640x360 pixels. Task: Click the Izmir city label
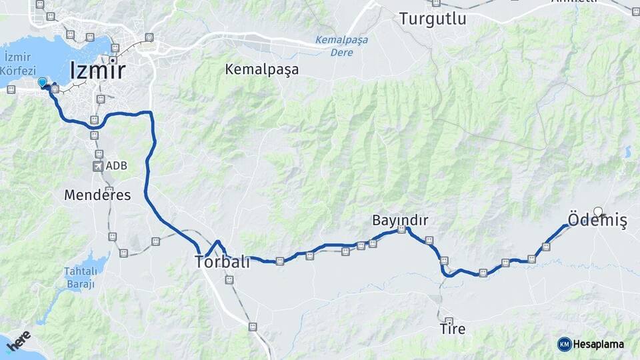click(x=97, y=70)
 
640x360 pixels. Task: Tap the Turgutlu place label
click(x=433, y=19)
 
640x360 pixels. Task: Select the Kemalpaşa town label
click(x=261, y=69)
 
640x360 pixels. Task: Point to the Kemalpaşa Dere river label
click(x=342, y=45)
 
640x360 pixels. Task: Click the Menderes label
click(x=97, y=195)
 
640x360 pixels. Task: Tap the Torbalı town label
click(x=222, y=262)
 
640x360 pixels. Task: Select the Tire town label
click(x=452, y=329)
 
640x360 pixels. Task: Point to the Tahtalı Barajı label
click(x=79, y=277)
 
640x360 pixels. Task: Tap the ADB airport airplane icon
click(x=99, y=165)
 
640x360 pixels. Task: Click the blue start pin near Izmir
click(x=43, y=82)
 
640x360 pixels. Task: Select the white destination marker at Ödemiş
click(x=598, y=213)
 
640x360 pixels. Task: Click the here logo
click(x=18, y=341)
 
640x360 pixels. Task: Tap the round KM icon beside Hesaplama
click(x=564, y=344)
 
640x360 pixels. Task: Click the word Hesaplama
click(x=598, y=344)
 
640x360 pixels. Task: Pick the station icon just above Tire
click(x=449, y=321)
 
